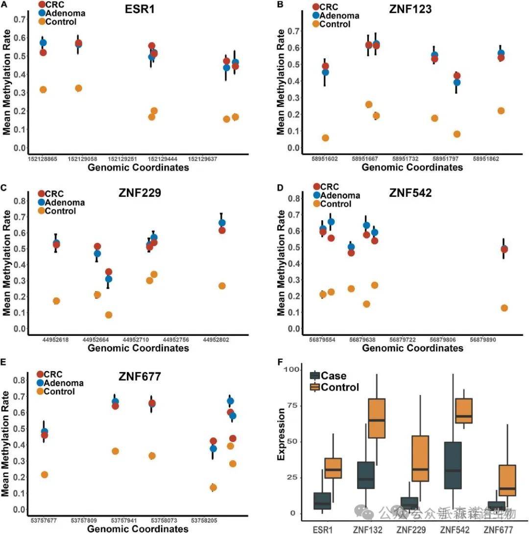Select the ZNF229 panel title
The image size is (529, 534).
tap(140, 192)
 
